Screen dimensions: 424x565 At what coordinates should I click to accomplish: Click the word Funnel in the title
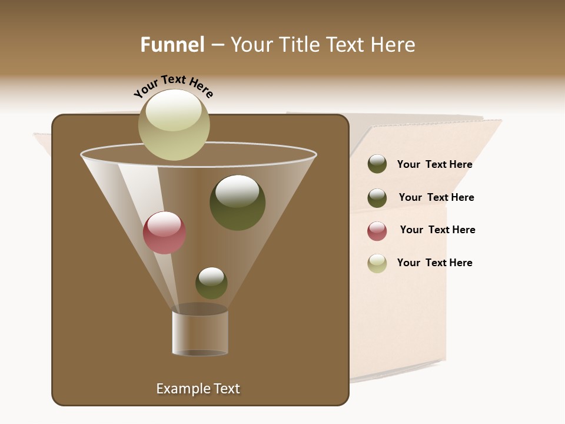172,45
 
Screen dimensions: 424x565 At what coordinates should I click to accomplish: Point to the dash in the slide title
217,45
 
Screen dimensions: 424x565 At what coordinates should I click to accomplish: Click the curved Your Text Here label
173,85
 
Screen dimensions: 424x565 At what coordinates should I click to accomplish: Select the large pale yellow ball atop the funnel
174,125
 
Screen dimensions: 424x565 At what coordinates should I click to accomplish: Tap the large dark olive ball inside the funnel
238,203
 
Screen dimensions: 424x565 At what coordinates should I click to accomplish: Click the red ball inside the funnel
165,233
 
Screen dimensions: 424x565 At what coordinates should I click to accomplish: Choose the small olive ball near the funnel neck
211,283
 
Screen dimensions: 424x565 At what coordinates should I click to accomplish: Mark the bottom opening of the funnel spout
200,353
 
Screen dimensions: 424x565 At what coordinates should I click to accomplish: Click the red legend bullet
377,231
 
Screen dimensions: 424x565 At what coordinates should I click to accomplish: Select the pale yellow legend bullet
377,263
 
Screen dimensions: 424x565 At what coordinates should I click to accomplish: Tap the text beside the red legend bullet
437,230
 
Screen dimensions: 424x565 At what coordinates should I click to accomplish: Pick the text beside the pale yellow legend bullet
434,263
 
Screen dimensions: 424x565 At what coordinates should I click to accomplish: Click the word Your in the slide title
252,45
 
